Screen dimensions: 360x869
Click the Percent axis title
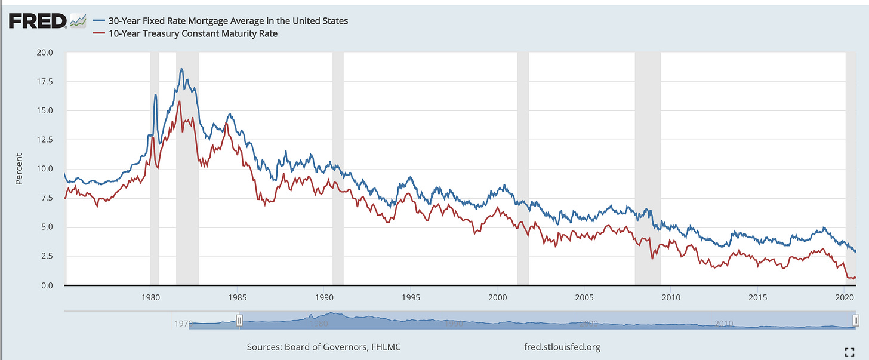coord(20,169)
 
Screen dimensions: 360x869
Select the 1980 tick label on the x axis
coord(150,297)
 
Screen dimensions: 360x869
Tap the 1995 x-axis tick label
coord(410,297)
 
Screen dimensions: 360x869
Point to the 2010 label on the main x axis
coord(671,297)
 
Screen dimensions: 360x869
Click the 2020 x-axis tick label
coord(845,297)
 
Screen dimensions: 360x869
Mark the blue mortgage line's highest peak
coord(181,69)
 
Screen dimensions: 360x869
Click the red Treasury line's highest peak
coord(179,101)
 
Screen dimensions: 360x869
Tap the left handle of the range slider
coord(239,321)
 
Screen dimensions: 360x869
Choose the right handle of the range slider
coord(859,321)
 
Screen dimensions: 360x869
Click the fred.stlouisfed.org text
coord(560,347)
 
